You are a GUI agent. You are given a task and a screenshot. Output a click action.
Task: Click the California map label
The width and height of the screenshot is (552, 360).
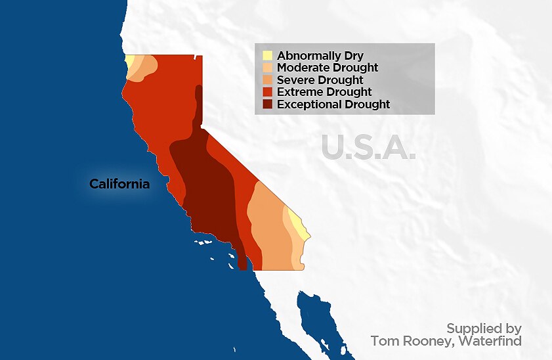pos(119,184)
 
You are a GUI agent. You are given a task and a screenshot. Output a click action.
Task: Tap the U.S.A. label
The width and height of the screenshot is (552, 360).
pos(369,147)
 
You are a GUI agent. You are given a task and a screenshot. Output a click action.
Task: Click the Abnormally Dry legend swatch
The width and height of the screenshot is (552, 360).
pos(267,56)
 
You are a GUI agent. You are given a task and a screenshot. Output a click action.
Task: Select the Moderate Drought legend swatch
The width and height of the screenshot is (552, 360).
pos(267,68)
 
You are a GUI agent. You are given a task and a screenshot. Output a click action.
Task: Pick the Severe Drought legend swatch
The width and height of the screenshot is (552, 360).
pos(267,80)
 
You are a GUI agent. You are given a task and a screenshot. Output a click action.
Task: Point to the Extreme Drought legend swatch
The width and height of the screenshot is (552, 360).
pos(267,92)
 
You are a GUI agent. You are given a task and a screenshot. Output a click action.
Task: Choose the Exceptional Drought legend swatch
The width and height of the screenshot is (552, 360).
pos(267,104)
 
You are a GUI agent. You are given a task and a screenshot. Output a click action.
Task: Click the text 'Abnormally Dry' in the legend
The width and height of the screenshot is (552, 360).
pos(320,56)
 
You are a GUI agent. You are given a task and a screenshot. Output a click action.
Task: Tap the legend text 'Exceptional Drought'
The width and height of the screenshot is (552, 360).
pos(333,104)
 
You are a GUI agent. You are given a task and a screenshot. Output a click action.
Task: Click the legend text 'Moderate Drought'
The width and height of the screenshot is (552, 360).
pos(328,68)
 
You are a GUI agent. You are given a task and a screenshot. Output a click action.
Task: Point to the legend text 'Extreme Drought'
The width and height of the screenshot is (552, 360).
pos(324,92)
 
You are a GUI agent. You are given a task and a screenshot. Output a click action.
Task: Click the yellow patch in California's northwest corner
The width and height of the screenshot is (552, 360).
pos(129,63)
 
